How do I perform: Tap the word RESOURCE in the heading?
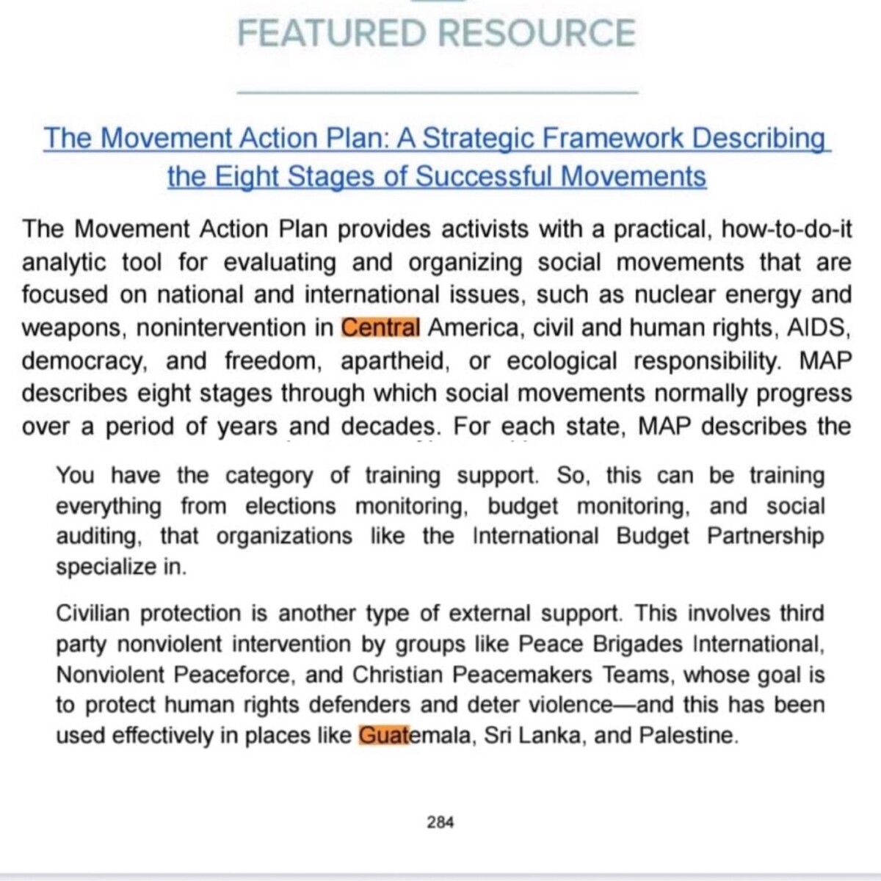pyautogui.click(x=536, y=34)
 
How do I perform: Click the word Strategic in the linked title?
pyautogui.click(x=480, y=138)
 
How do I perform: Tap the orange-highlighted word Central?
pyautogui.click(x=381, y=327)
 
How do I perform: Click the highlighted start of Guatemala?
pyautogui.click(x=383, y=735)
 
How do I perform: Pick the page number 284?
pyautogui.click(x=440, y=822)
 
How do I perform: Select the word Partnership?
pyautogui.click(x=766, y=536)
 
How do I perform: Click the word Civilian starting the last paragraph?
pyautogui.click(x=93, y=613)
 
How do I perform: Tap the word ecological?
pyautogui.click(x=562, y=360)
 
